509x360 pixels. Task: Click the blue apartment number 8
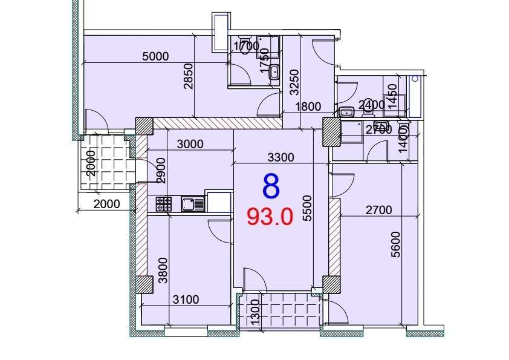pyautogui.click(x=271, y=186)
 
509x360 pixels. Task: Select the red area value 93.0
pyautogui.click(x=270, y=217)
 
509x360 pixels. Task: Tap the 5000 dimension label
pyautogui.click(x=156, y=56)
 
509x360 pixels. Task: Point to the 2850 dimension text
pyautogui.click(x=188, y=76)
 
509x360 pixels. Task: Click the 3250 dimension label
pyautogui.click(x=294, y=82)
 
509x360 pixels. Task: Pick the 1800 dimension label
pyautogui.click(x=308, y=106)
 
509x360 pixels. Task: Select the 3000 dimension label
pyautogui.click(x=190, y=144)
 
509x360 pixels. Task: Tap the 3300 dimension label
pyautogui.click(x=280, y=157)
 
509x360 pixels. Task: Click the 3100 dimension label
pyautogui.click(x=186, y=299)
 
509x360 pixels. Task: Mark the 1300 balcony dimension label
pyautogui.click(x=256, y=312)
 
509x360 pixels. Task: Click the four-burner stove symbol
pyautogui.click(x=164, y=204)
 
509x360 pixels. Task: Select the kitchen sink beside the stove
pyautogui.click(x=193, y=204)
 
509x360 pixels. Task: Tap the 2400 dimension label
pyautogui.click(x=371, y=105)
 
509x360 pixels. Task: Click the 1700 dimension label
pyautogui.click(x=247, y=46)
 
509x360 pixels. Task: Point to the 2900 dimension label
pyautogui.click(x=161, y=171)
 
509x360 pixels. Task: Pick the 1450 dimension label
pyautogui.click(x=392, y=96)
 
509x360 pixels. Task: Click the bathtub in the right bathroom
pyautogui.click(x=415, y=96)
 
